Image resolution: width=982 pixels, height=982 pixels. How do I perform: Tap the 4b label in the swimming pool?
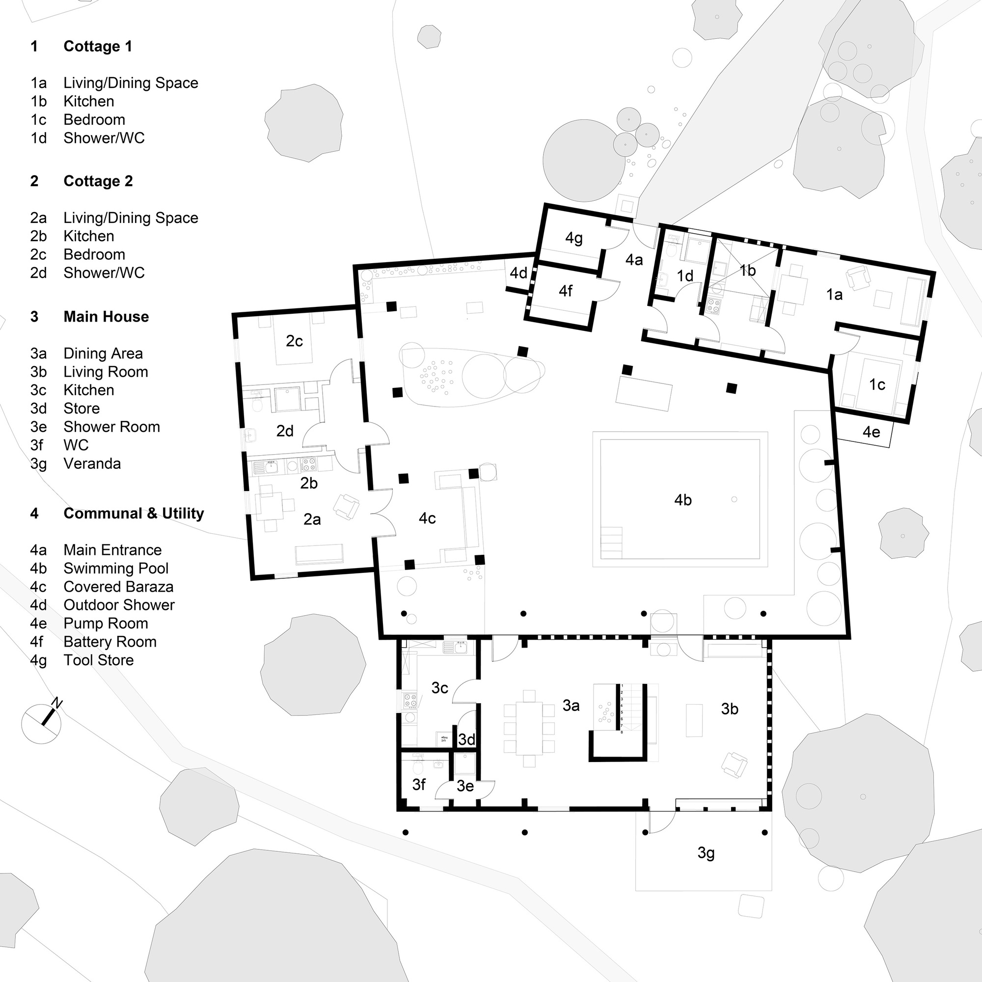click(682, 500)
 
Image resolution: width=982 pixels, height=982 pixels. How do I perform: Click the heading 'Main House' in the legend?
click(106, 317)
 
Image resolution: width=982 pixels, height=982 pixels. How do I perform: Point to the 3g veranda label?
click(706, 852)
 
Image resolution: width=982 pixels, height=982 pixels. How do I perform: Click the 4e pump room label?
click(871, 432)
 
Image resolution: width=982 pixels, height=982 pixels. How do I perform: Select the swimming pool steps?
click(611, 543)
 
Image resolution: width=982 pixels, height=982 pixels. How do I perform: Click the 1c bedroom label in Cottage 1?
click(877, 385)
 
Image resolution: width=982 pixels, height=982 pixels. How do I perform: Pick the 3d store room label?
click(466, 739)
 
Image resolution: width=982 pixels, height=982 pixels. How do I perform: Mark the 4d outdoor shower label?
click(518, 273)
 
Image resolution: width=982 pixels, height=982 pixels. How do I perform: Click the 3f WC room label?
click(419, 785)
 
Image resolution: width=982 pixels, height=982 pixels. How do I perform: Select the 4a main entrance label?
click(634, 260)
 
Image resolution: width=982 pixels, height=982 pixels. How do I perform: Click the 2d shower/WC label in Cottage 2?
click(285, 431)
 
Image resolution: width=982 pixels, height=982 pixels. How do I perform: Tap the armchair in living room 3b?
click(735, 764)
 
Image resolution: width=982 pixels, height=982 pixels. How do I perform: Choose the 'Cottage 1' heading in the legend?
click(98, 46)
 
